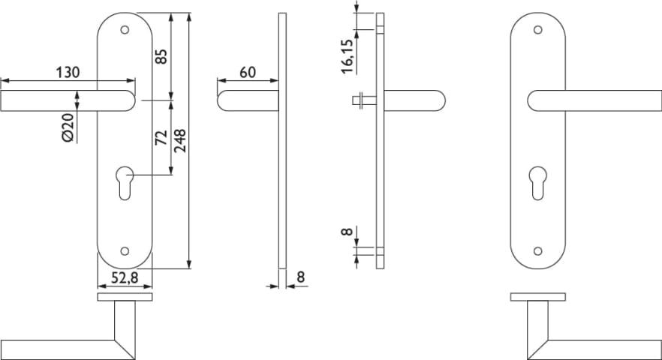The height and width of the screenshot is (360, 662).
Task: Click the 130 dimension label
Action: (68, 72)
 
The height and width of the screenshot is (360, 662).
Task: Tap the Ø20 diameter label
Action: (68, 127)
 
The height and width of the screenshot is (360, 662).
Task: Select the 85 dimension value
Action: (161, 56)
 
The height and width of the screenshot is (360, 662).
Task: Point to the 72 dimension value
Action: (161, 137)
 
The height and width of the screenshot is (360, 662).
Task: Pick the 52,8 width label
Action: (125, 277)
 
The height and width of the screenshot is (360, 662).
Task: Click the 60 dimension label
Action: (248, 72)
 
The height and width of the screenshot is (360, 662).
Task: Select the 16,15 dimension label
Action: (347, 56)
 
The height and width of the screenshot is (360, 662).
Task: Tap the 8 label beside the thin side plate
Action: (300, 277)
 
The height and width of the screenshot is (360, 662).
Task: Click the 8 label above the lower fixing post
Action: (347, 231)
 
